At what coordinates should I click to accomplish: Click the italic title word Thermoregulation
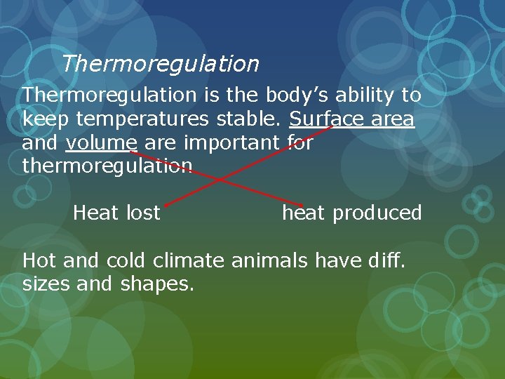160,65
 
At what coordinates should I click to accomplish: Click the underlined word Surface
327,119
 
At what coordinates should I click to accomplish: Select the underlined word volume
101,143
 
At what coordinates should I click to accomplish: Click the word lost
143,213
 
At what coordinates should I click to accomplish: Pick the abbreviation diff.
390,261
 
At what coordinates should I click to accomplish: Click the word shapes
157,285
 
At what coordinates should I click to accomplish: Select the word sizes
47,285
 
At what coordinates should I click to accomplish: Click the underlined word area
393,119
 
